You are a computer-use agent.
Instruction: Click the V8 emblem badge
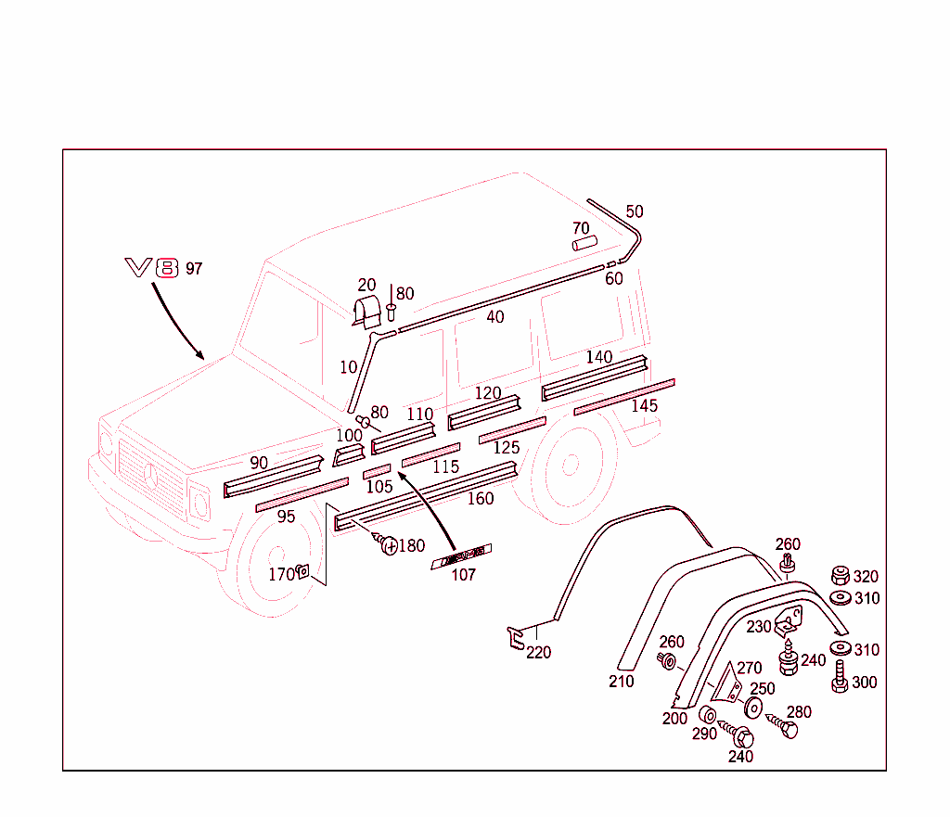tap(150, 269)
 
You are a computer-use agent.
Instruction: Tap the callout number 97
tap(194, 269)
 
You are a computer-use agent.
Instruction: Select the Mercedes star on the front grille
tap(149, 480)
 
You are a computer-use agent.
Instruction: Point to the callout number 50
tap(635, 211)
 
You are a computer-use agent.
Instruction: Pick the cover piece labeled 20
tap(368, 313)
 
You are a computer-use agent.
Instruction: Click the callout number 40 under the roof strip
tap(495, 317)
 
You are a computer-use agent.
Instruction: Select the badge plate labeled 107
tap(461, 556)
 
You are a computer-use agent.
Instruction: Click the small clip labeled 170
tap(302, 573)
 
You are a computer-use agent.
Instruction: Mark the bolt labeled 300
tap(840, 677)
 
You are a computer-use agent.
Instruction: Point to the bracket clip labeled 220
tap(515, 638)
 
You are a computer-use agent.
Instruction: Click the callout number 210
tap(622, 682)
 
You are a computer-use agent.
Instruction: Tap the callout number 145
tap(644, 406)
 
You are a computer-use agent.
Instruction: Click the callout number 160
tap(481, 498)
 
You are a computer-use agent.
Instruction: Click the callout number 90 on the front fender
tap(259, 463)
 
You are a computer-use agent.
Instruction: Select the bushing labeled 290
tap(707, 714)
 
